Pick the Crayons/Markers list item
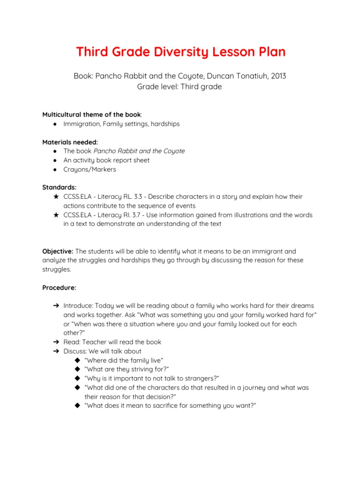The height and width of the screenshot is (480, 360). point(90,169)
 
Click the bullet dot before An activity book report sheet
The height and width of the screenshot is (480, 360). point(55,160)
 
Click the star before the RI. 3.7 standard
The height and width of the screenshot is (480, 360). point(56,215)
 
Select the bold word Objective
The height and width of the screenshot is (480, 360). point(58,251)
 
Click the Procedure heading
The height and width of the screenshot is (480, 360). point(59,287)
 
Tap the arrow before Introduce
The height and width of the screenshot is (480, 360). point(55,306)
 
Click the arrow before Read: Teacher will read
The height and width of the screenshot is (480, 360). point(55,342)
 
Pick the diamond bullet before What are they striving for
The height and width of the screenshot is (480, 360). point(77,369)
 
